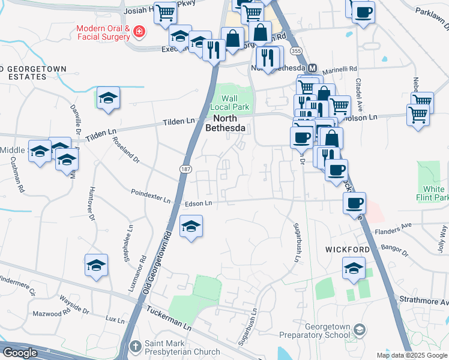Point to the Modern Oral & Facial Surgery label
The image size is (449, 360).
[x=103, y=32]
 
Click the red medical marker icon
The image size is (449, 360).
[x=140, y=31]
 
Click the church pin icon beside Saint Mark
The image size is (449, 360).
[x=136, y=347]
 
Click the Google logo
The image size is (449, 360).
[x=20, y=352]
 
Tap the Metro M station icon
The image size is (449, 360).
[x=312, y=68]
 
